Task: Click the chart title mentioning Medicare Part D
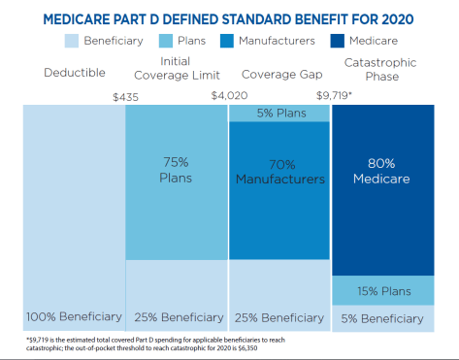[229, 18]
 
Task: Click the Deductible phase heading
[75, 74]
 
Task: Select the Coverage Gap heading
[277, 74]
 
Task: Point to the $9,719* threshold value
[331, 95]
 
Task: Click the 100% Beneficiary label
[74, 316]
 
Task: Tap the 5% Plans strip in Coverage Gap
[279, 114]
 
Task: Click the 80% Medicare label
[382, 171]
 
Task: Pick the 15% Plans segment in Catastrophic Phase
[382, 290]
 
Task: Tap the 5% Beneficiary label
[382, 317]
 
